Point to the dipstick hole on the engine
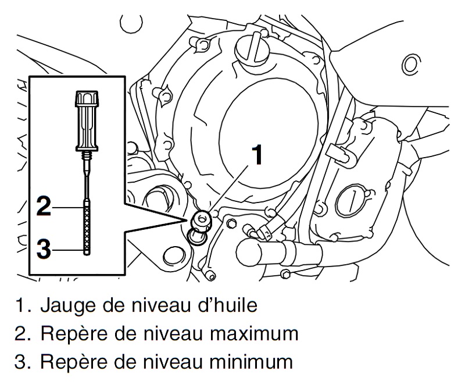click(x=202, y=219)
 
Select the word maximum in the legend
click(x=251, y=335)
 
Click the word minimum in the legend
click(x=247, y=363)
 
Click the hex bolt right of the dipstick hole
click(x=231, y=223)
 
